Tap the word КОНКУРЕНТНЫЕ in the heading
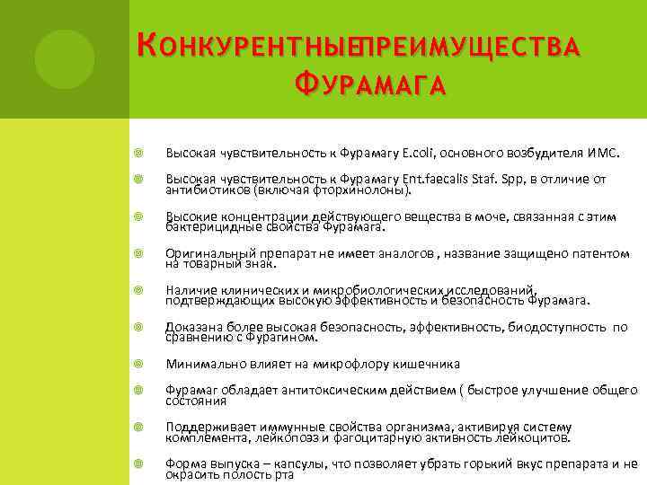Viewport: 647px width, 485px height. tap(243, 44)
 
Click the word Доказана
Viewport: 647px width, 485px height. tap(193, 328)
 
